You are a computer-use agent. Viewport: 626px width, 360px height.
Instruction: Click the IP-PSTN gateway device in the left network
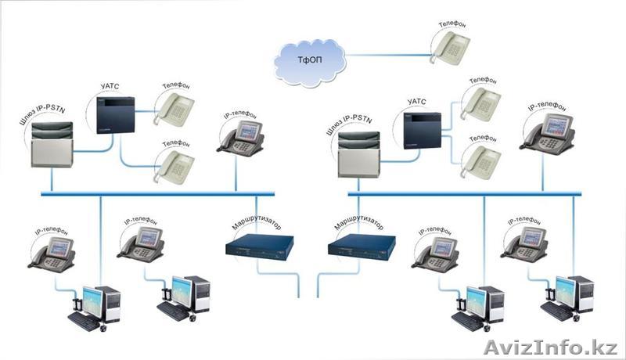click(x=52, y=146)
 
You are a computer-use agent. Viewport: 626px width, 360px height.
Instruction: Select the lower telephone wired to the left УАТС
click(x=173, y=166)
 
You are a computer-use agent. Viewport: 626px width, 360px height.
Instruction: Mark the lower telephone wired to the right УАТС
click(x=479, y=160)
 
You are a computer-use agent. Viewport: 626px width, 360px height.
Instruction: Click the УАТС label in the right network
click(x=416, y=101)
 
